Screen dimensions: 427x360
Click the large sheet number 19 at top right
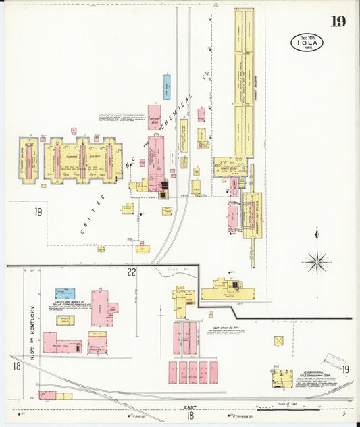point(338,22)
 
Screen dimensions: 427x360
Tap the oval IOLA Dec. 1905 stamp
point(307,43)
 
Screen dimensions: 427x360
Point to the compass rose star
point(316,260)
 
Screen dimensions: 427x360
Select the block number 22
point(131,272)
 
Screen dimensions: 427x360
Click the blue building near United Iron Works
point(65,293)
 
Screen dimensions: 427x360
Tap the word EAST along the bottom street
point(190,409)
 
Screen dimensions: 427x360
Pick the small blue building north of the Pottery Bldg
point(167,87)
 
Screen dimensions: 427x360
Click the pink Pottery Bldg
point(154,117)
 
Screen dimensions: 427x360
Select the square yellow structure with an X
point(279,341)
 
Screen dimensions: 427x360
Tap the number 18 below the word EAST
point(190,418)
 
